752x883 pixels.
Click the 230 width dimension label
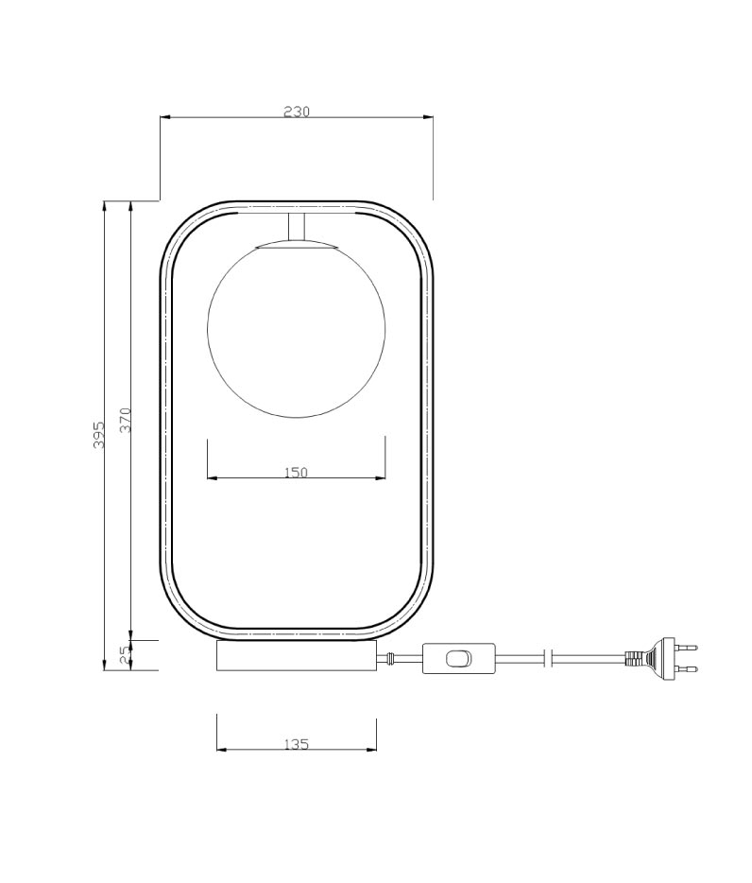(x=297, y=112)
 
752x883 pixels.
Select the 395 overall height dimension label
(x=99, y=435)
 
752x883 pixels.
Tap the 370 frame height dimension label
(x=126, y=420)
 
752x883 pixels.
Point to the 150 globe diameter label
(x=296, y=472)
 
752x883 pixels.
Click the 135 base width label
(x=296, y=744)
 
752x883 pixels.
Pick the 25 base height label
(x=125, y=654)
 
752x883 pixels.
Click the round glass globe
(x=297, y=328)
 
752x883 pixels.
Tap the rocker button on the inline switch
(x=458, y=658)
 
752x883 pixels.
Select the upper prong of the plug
(x=686, y=648)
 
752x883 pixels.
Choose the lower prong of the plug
(x=686, y=669)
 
